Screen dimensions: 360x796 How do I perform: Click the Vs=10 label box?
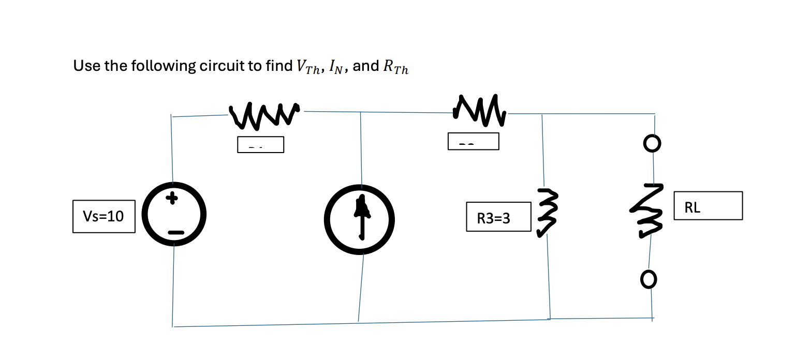point(104,217)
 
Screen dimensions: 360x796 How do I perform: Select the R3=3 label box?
point(498,218)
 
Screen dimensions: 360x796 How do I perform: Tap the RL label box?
point(707,206)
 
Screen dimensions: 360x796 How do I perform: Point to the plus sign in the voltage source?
point(174,198)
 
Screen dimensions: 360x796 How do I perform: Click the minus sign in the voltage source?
point(175,234)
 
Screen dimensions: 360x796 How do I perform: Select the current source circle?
point(360,219)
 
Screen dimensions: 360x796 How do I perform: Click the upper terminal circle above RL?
point(653,142)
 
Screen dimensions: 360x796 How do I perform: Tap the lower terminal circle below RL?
point(649,280)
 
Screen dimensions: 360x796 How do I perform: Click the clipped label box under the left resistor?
point(260,144)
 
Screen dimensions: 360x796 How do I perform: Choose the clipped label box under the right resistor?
point(473,141)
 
